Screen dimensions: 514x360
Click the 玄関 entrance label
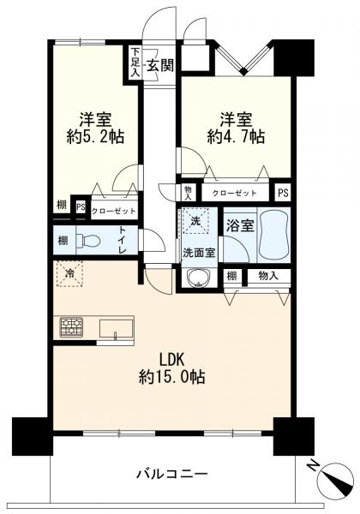click(x=160, y=65)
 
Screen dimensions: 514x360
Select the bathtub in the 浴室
click(x=273, y=235)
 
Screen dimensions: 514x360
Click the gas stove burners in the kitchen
click(x=71, y=327)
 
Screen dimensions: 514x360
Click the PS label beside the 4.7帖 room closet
click(x=282, y=194)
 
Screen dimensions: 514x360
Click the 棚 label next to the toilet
click(x=61, y=242)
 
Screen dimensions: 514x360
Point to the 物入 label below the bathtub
click(x=268, y=276)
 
